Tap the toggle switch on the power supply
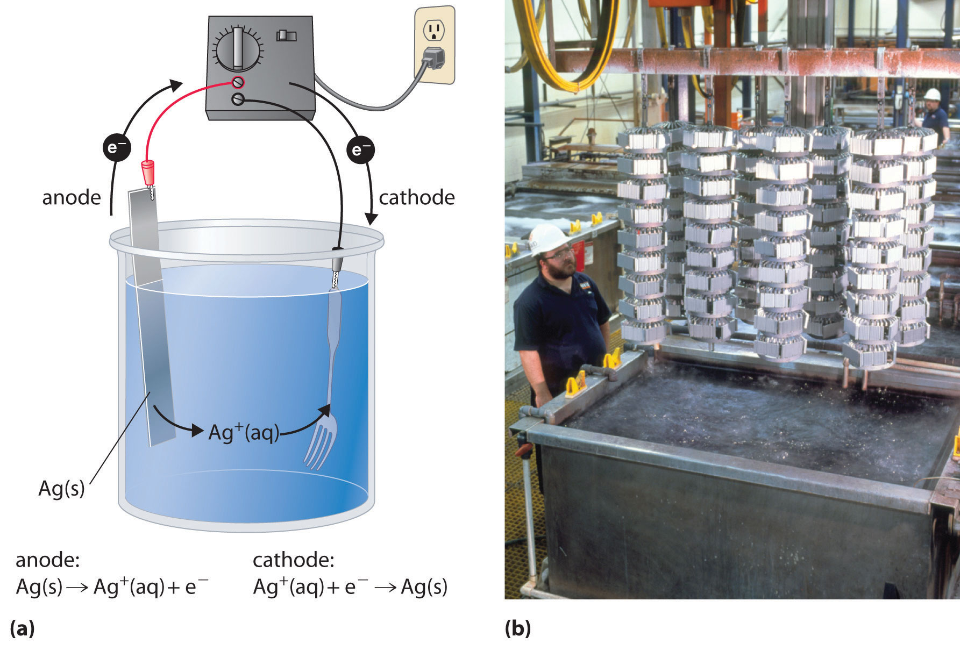click(x=286, y=35)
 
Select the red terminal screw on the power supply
click(x=238, y=82)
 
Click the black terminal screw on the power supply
click(x=238, y=99)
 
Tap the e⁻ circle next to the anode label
click(x=116, y=146)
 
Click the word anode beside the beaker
click(x=72, y=198)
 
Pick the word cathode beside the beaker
click(x=417, y=198)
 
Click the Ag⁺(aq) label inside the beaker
click(x=244, y=432)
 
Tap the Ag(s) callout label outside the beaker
click(x=61, y=489)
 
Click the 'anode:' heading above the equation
click(x=48, y=560)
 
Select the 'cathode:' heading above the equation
click(x=294, y=560)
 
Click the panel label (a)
click(x=22, y=628)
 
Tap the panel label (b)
click(x=517, y=628)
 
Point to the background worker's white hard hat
click(x=932, y=95)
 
